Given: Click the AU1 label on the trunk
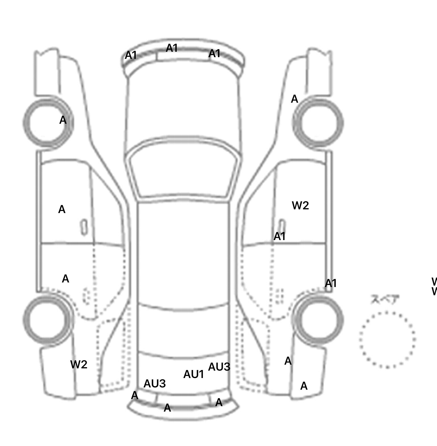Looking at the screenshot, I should point(193,374).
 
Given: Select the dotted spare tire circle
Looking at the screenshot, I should point(387,340).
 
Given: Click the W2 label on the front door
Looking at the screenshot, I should point(300,205).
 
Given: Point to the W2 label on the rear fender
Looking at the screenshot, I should point(79,364).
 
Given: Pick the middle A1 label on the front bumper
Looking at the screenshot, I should point(172,48).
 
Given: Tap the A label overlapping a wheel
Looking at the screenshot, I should point(63,120).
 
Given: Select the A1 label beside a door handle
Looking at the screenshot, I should point(279,236).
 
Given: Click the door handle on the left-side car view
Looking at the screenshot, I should point(84,227).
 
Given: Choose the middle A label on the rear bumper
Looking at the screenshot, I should point(167,408).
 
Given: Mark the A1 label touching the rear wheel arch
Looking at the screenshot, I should point(331,283).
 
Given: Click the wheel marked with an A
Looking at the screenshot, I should point(48,123).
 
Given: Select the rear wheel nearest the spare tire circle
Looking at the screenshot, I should point(318,320).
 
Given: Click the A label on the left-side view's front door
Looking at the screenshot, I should point(62,210).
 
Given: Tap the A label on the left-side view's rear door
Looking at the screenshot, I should point(65,279).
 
